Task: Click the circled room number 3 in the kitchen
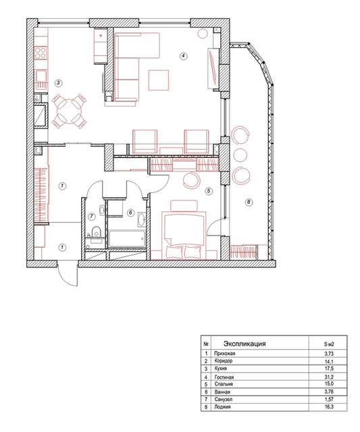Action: pyautogui.click(x=59, y=83)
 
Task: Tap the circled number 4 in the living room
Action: pyautogui.click(x=183, y=56)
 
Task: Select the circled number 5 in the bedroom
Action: pyautogui.click(x=209, y=191)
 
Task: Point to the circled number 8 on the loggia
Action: pyautogui.click(x=249, y=202)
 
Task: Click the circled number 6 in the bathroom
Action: pyautogui.click(x=130, y=213)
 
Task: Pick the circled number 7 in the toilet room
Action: pyautogui.click(x=91, y=217)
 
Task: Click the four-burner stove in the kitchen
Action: pyautogui.click(x=41, y=53)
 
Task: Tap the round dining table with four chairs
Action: pyautogui.click(x=69, y=111)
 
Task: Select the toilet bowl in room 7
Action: pyautogui.click(x=96, y=232)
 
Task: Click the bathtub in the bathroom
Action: pyautogui.click(x=126, y=239)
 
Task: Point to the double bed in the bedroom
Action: pyautogui.click(x=184, y=235)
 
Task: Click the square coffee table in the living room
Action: pyautogui.click(x=159, y=80)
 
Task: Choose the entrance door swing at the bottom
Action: pyautogui.click(x=68, y=274)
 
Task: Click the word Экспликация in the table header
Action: pyautogui.click(x=245, y=344)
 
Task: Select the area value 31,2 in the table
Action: pyautogui.click(x=329, y=377)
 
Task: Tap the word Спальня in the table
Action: pyautogui.click(x=224, y=384)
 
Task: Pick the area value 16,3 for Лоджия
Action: pyautogui.click(x=329, y=406)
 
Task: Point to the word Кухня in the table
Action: pyautogui.click(x=220, y=369)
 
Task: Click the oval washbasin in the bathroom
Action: pyautogui.click(x=141, y=219)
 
